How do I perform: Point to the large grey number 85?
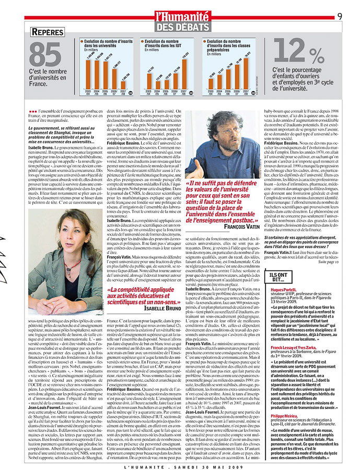(x=45, y=55)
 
